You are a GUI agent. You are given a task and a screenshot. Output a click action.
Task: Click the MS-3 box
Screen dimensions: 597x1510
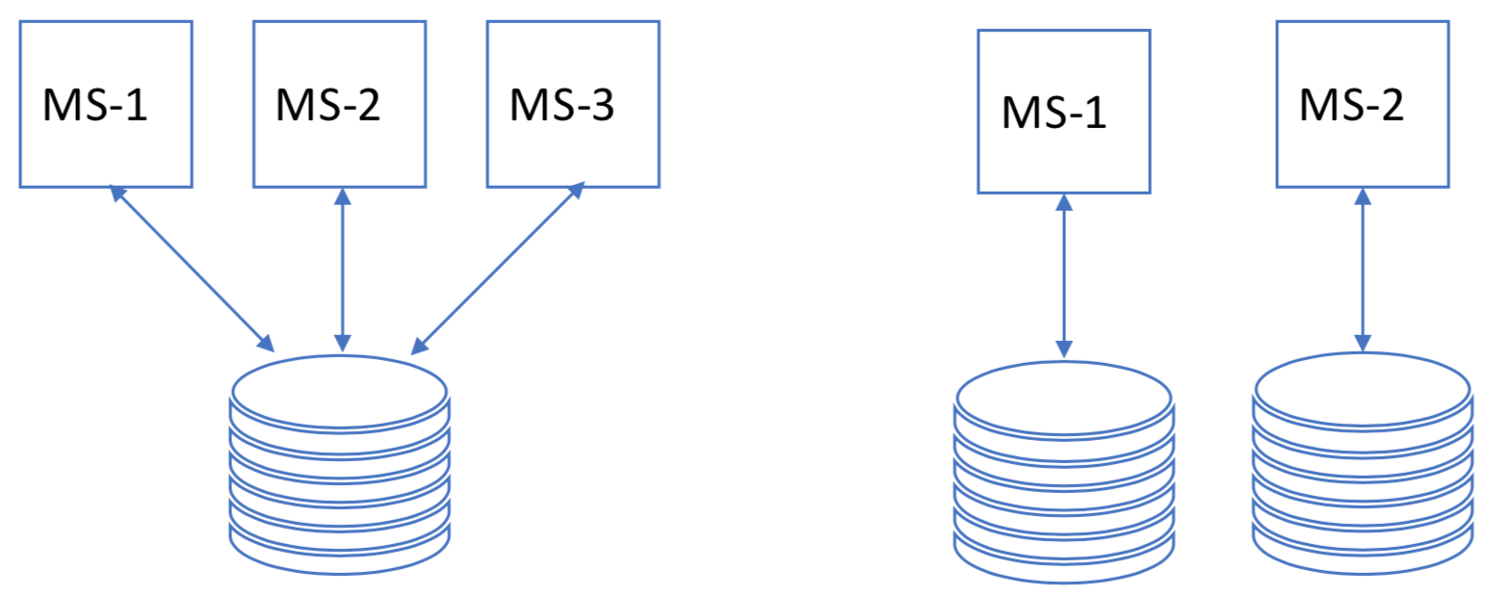(573, 104)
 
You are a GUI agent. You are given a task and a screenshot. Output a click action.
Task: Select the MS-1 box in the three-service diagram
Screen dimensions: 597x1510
(106, 104)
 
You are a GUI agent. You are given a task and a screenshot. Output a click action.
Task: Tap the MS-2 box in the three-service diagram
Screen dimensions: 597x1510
(339, 104)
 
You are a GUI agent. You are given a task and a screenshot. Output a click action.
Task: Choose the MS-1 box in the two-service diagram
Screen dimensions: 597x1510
(1063, 112)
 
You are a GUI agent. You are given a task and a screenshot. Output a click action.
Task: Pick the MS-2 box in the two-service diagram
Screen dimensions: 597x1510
(1363, 104)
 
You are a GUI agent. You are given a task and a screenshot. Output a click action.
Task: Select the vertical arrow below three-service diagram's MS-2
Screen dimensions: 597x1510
(340, 270)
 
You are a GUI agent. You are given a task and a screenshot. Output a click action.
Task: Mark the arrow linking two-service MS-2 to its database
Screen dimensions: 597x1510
(1363, 270)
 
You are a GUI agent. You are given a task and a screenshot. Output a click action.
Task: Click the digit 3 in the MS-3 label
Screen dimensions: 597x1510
(602, 106)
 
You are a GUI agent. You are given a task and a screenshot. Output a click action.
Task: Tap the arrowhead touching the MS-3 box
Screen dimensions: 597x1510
(577, 192)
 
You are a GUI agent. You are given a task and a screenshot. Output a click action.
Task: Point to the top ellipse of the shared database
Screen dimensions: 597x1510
(339, 390)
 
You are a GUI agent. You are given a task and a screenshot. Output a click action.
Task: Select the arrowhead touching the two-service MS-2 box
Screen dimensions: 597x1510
(1363, 195)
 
